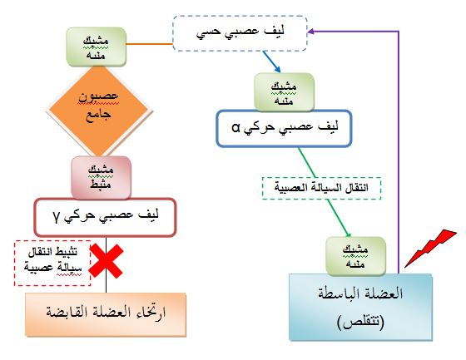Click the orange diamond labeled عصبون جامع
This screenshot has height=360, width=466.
click(x=99, y=111)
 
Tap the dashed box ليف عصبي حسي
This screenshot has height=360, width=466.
click(x=240, y=33)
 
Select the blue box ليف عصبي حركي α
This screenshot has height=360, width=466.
click(x=284, y=128)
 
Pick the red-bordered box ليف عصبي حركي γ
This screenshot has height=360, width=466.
click(x=105, y=217)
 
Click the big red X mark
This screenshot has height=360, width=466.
click(x=107, y=261)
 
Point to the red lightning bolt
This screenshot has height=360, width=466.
click(x=430, y=249)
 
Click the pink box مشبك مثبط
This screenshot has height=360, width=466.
click(x=101, y=177)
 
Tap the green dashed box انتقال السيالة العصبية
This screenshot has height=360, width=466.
click(x=321, y=189)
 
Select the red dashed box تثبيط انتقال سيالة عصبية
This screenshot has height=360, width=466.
click(x=52, y=264)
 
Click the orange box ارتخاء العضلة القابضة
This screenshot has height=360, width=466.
click(x=106, y=314)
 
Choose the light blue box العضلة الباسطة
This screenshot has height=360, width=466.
click(x=360, y=307)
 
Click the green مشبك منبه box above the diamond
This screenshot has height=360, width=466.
click(x=97, y=47)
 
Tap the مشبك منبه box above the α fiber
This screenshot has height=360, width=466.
click(x=284, y=92)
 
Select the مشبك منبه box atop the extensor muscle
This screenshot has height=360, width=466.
click(x=356, y=256)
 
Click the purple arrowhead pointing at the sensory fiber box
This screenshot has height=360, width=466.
click(x=311, y=32)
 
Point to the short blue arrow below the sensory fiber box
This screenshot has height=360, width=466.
click(x=271, y=62)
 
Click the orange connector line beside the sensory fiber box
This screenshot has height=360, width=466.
click(x=150, y=44)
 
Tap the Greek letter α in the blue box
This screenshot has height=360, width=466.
click(x=236, y=128)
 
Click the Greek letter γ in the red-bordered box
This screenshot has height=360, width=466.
click(x=57, y=218)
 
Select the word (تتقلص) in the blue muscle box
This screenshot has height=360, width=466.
click(x=361, y=322)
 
